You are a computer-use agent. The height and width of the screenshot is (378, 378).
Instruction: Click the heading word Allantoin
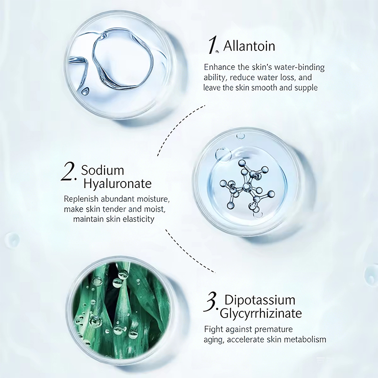coord(249,46)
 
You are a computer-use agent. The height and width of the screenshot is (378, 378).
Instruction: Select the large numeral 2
coord(68,172)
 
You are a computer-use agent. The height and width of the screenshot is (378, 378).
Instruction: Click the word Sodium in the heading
coord(103,170)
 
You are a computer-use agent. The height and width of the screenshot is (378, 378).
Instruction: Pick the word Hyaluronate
coord(117,184)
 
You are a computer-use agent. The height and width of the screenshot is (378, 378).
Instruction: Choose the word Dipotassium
coord(260,300)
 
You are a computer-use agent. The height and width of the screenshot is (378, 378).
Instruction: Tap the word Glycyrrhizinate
coord(261,314)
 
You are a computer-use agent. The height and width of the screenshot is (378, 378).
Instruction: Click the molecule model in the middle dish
coord(247,187)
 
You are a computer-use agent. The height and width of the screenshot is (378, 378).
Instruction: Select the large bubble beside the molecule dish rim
coord(223,155)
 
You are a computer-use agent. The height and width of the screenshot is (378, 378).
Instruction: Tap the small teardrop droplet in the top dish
coord(85,91)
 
